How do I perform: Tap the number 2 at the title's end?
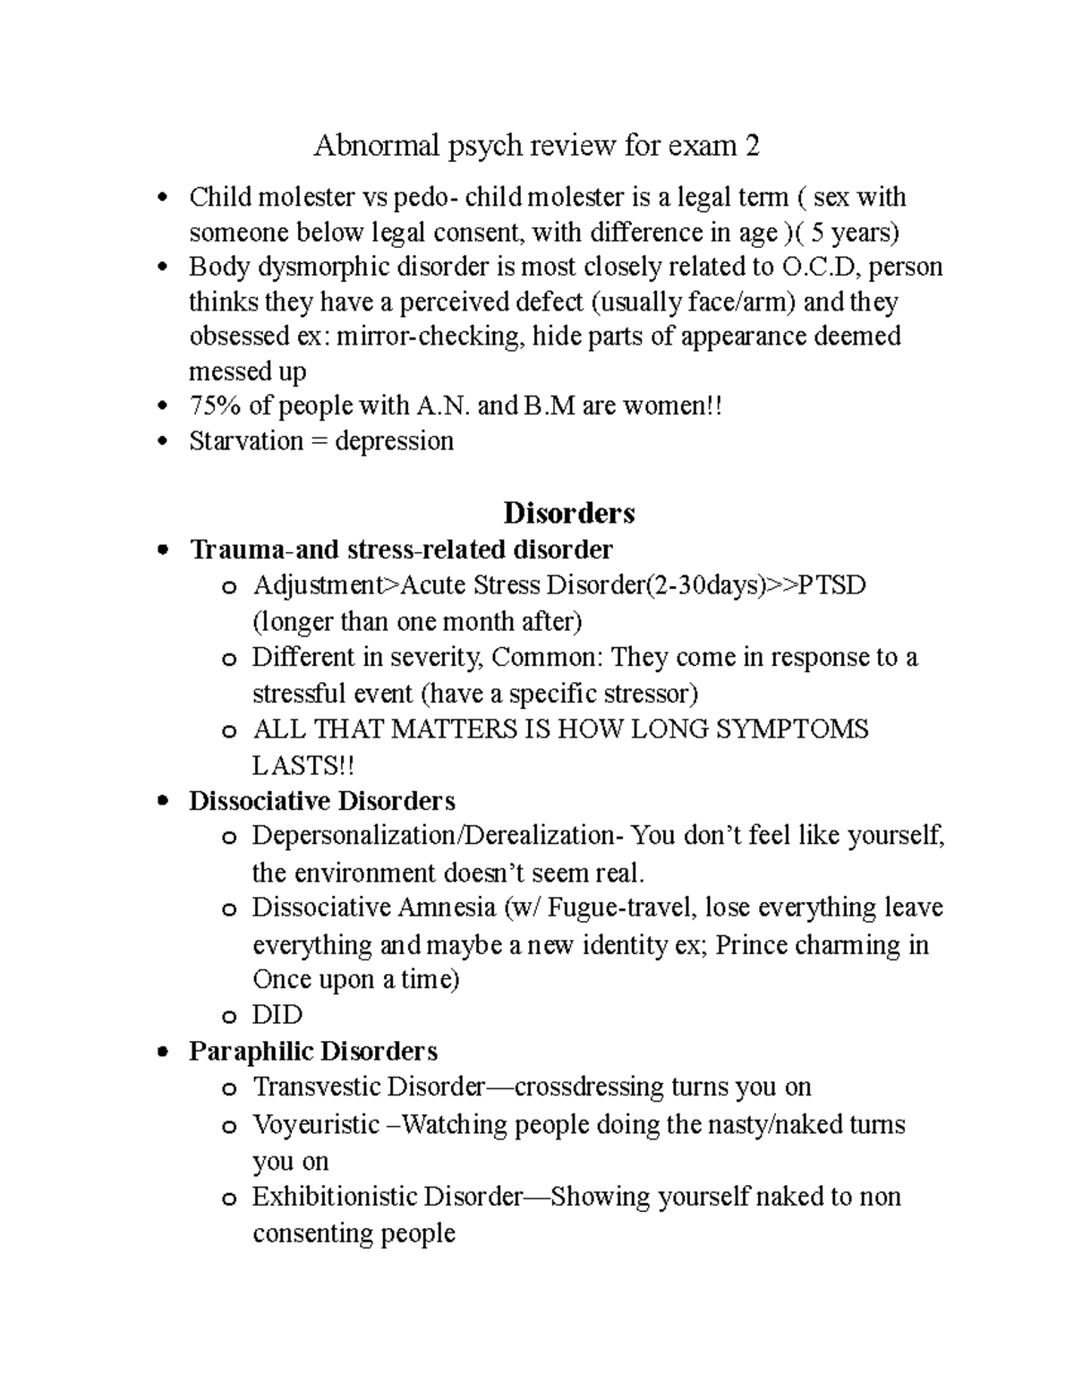pos(753,145)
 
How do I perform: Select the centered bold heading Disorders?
pos(569,513)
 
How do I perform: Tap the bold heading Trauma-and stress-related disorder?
pos(401,549)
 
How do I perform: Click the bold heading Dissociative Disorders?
pos(322,800)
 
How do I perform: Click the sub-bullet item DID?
pos(277,1015)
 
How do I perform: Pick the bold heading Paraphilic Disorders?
pos(313,1051)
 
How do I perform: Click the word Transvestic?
pos(317,1087)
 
